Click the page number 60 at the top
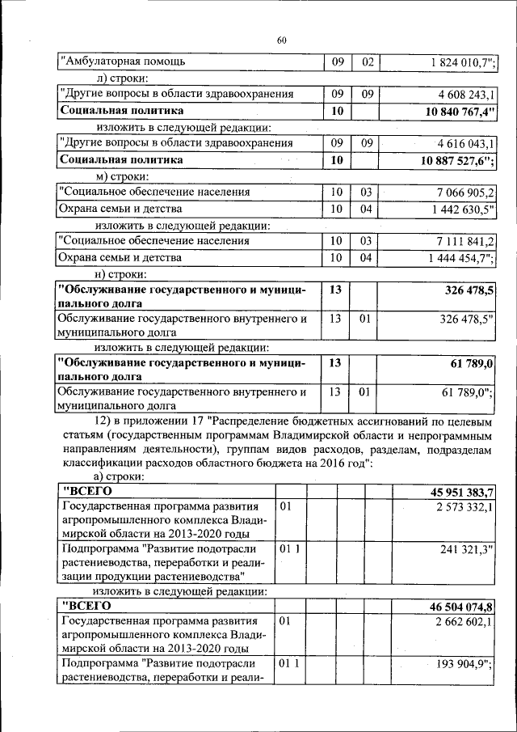(281, 40)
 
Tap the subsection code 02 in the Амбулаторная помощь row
(368, 61)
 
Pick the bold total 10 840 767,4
(458, 111)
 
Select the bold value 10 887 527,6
(458, 160)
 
